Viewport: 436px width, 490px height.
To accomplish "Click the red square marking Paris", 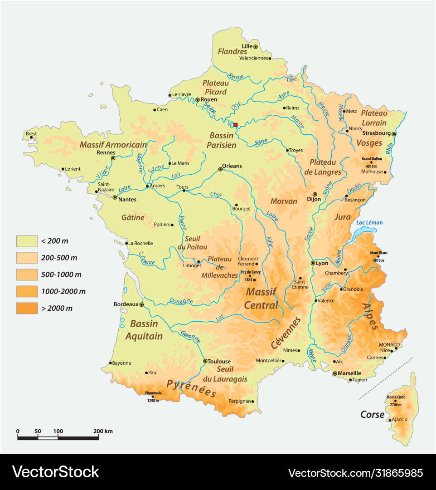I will point(235,125).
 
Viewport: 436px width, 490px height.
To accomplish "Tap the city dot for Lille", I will point(256,46).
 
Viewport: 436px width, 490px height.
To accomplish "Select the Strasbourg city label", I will point(376,133).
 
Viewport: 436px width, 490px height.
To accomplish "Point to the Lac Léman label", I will point(369,222).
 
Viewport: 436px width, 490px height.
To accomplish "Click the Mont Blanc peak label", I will point(379,253).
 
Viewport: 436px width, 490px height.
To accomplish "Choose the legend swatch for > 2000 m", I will point(27,308).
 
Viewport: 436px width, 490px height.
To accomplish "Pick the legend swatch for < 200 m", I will point(27,241).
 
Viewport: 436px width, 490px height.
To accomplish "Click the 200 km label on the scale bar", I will point(102,431).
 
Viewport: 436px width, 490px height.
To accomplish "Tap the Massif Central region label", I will point(262,298).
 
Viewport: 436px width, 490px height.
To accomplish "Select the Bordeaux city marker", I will point(141,304).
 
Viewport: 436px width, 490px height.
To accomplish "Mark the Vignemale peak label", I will point(153,393).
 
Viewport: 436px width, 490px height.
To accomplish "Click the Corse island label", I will point(372,414).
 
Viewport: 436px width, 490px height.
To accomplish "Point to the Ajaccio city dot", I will point(390,420).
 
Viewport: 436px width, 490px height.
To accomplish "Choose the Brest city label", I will point(31,133).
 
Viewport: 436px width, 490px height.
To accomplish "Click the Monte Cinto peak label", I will point(395,397).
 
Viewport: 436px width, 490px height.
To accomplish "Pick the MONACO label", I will point(389,344).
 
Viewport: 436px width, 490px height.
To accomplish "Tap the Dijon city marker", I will point(315,194).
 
